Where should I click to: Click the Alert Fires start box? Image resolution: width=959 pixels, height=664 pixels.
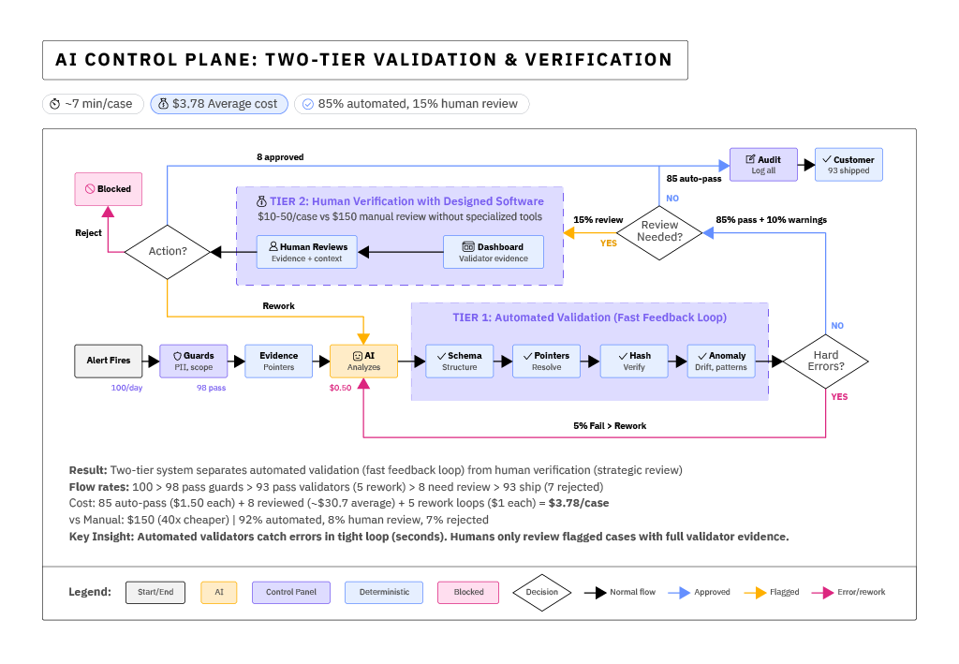110,362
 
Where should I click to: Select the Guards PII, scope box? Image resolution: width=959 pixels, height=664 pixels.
194,362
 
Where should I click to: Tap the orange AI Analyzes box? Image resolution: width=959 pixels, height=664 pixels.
363,362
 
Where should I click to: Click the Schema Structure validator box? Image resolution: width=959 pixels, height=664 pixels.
459,362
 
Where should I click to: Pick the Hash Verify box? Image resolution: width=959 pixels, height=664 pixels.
634,362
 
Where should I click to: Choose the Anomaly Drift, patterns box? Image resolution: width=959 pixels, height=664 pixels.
721,362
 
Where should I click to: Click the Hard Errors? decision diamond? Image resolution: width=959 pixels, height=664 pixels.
825,362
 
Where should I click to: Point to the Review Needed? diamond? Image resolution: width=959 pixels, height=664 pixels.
659,231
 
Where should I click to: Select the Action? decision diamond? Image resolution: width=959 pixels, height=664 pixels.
167,251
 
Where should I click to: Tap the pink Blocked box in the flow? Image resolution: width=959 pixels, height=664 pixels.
109,189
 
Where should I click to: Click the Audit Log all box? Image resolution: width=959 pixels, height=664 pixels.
763,165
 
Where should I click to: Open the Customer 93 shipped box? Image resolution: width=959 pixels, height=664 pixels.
848,165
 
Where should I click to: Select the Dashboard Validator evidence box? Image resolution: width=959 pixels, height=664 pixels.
494,252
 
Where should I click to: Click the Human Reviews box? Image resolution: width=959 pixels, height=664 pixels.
307,252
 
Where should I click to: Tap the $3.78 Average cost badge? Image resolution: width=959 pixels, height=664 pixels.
219,104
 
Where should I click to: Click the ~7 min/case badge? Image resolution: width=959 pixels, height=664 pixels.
93,104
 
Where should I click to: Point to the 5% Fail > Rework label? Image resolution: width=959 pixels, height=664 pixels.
610,426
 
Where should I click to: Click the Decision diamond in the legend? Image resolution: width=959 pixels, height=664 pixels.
541,592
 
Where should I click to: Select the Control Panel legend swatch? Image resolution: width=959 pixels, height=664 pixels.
290,592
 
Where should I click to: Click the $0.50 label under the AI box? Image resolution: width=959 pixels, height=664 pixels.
340,388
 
